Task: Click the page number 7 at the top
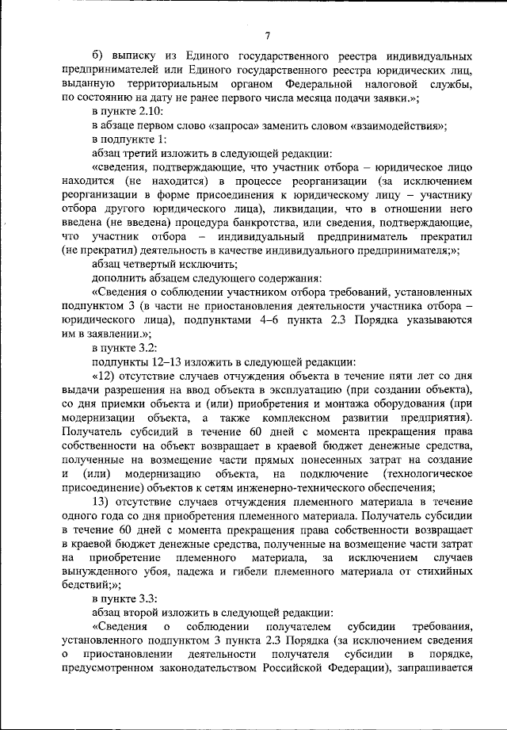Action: pyautogui.click(x=268, y=36)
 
